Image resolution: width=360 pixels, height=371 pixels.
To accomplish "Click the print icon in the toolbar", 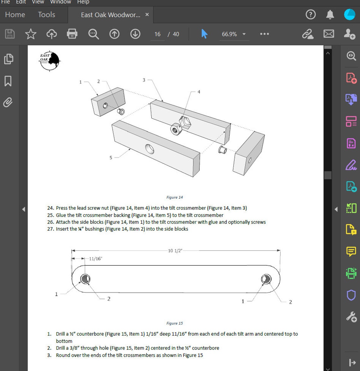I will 72,34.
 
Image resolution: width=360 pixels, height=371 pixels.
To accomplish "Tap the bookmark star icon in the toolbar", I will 31,34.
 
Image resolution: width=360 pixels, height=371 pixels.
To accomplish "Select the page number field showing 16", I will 157,34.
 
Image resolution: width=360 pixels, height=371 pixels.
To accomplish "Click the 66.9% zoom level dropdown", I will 233,34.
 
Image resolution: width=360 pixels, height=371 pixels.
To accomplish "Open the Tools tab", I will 46,15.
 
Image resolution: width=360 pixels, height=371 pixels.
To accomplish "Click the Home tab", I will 15,15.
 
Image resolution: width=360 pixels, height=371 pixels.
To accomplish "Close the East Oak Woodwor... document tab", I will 147,15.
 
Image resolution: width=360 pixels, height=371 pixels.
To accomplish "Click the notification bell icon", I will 330,15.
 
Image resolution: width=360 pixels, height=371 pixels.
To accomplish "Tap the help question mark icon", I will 311,15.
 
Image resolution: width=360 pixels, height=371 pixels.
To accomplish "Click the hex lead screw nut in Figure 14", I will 184,122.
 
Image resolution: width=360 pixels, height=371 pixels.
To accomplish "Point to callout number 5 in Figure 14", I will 111,158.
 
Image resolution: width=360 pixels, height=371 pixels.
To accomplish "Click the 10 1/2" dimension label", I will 175,251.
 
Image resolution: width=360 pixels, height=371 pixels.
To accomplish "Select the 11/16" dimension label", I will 95,259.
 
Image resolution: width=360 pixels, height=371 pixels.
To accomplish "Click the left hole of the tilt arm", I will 85,279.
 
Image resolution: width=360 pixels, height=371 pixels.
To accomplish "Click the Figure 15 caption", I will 175,323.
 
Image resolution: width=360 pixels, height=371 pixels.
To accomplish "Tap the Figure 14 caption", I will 175,197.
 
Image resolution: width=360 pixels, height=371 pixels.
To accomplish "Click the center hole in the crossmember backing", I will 150,149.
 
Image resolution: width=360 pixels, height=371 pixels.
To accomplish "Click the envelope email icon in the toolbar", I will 329,34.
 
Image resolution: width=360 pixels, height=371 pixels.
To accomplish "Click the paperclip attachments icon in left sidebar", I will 8,102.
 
